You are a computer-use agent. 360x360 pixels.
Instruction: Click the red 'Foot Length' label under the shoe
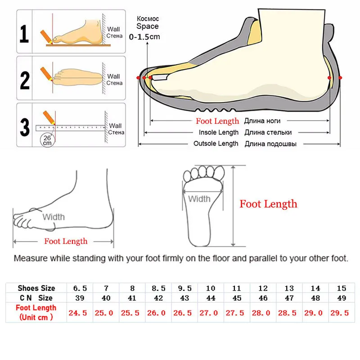[x=217, y=121]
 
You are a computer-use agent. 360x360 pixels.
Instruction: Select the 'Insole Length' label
[x=219, y=132]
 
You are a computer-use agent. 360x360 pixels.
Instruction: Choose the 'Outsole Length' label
[x=216, y=144]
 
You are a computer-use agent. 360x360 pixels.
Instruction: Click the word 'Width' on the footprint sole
[x=199, y=199]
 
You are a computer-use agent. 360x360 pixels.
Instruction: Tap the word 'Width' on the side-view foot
[x=54, y=217]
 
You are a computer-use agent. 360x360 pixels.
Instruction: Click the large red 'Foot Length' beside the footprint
[x=268, y=204]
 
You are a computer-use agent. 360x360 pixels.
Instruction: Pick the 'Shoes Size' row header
[x=36, y=288]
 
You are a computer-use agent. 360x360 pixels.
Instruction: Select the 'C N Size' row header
[x=36, y=298]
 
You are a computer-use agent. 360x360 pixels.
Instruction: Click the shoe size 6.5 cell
[x=80, y=288]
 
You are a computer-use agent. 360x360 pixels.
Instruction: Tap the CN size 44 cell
[x=210, y=298]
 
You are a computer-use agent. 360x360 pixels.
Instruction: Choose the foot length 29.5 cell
[x=341, y=313]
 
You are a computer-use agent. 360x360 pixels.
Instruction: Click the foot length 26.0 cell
[x=158, y=313]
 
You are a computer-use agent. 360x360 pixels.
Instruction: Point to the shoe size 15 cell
[x=341, y=288]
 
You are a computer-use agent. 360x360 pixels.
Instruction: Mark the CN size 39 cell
[x=80, y=298]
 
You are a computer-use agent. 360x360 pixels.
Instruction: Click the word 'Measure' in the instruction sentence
[x=29, y=259]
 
